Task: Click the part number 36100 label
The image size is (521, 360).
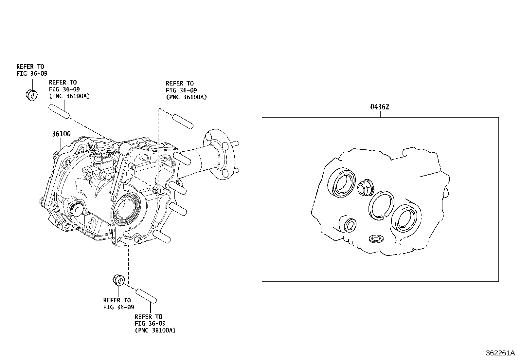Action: (x=61, y=134)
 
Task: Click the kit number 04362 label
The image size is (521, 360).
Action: (x=380, y=107)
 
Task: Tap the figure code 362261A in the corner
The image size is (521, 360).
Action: (x=500, y=353)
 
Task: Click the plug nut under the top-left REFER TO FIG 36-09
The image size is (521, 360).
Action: (x=31, y=95)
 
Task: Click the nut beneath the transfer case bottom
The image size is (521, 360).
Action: (x=119, y=280)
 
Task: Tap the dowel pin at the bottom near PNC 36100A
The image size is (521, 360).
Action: (x=146, y=295)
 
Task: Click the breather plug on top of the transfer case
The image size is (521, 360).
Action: (x=98, y=159)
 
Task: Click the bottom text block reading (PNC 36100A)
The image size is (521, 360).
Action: (x=155, y=330)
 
